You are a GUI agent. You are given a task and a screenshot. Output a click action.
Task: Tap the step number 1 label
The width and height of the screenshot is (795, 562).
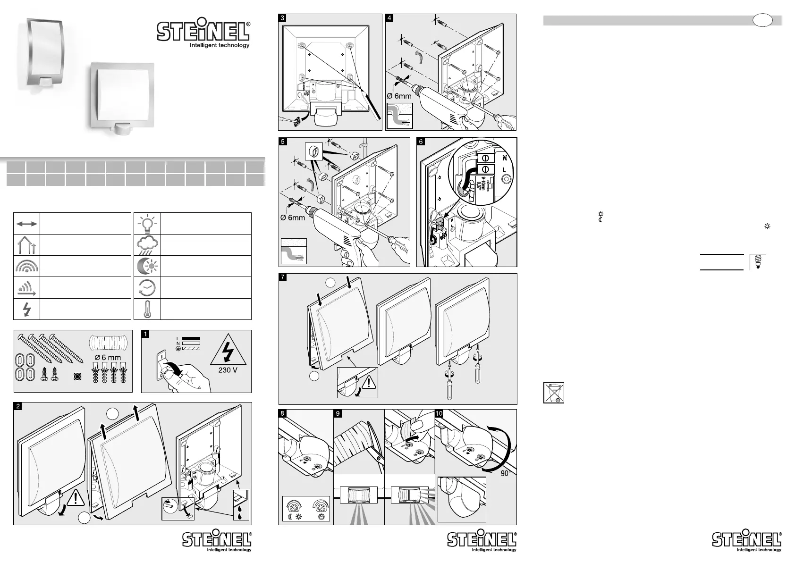click(x=146, y=334)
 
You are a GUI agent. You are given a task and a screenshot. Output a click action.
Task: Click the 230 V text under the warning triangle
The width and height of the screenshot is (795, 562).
click(x=228, y=370)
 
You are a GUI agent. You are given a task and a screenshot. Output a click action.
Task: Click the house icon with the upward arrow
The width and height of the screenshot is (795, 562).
click(x=27, y=245)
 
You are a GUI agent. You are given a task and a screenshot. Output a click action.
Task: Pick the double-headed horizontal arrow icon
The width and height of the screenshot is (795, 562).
click(x=27, y=224)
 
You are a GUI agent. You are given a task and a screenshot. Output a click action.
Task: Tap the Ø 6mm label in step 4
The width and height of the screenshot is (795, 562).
click(x=399, y=96)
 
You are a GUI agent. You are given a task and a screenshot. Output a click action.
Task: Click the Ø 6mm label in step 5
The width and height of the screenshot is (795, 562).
click(x=293, y=218)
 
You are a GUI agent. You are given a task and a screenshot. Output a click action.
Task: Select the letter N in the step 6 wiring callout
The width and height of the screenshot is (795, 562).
click(x=505, y=158)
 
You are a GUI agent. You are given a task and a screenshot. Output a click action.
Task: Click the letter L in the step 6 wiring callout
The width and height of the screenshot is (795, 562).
click(x=505, y=169)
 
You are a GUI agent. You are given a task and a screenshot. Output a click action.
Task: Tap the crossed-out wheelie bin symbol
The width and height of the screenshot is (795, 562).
click(x=553, y=393)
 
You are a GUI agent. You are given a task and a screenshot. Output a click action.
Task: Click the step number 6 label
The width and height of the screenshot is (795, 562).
click(x=421, y=141)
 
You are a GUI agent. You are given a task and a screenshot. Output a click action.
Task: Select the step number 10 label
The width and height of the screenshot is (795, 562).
click(x=440, y=413)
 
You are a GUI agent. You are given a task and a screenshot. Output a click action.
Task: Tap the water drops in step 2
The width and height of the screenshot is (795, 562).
click(x=241, y=512)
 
